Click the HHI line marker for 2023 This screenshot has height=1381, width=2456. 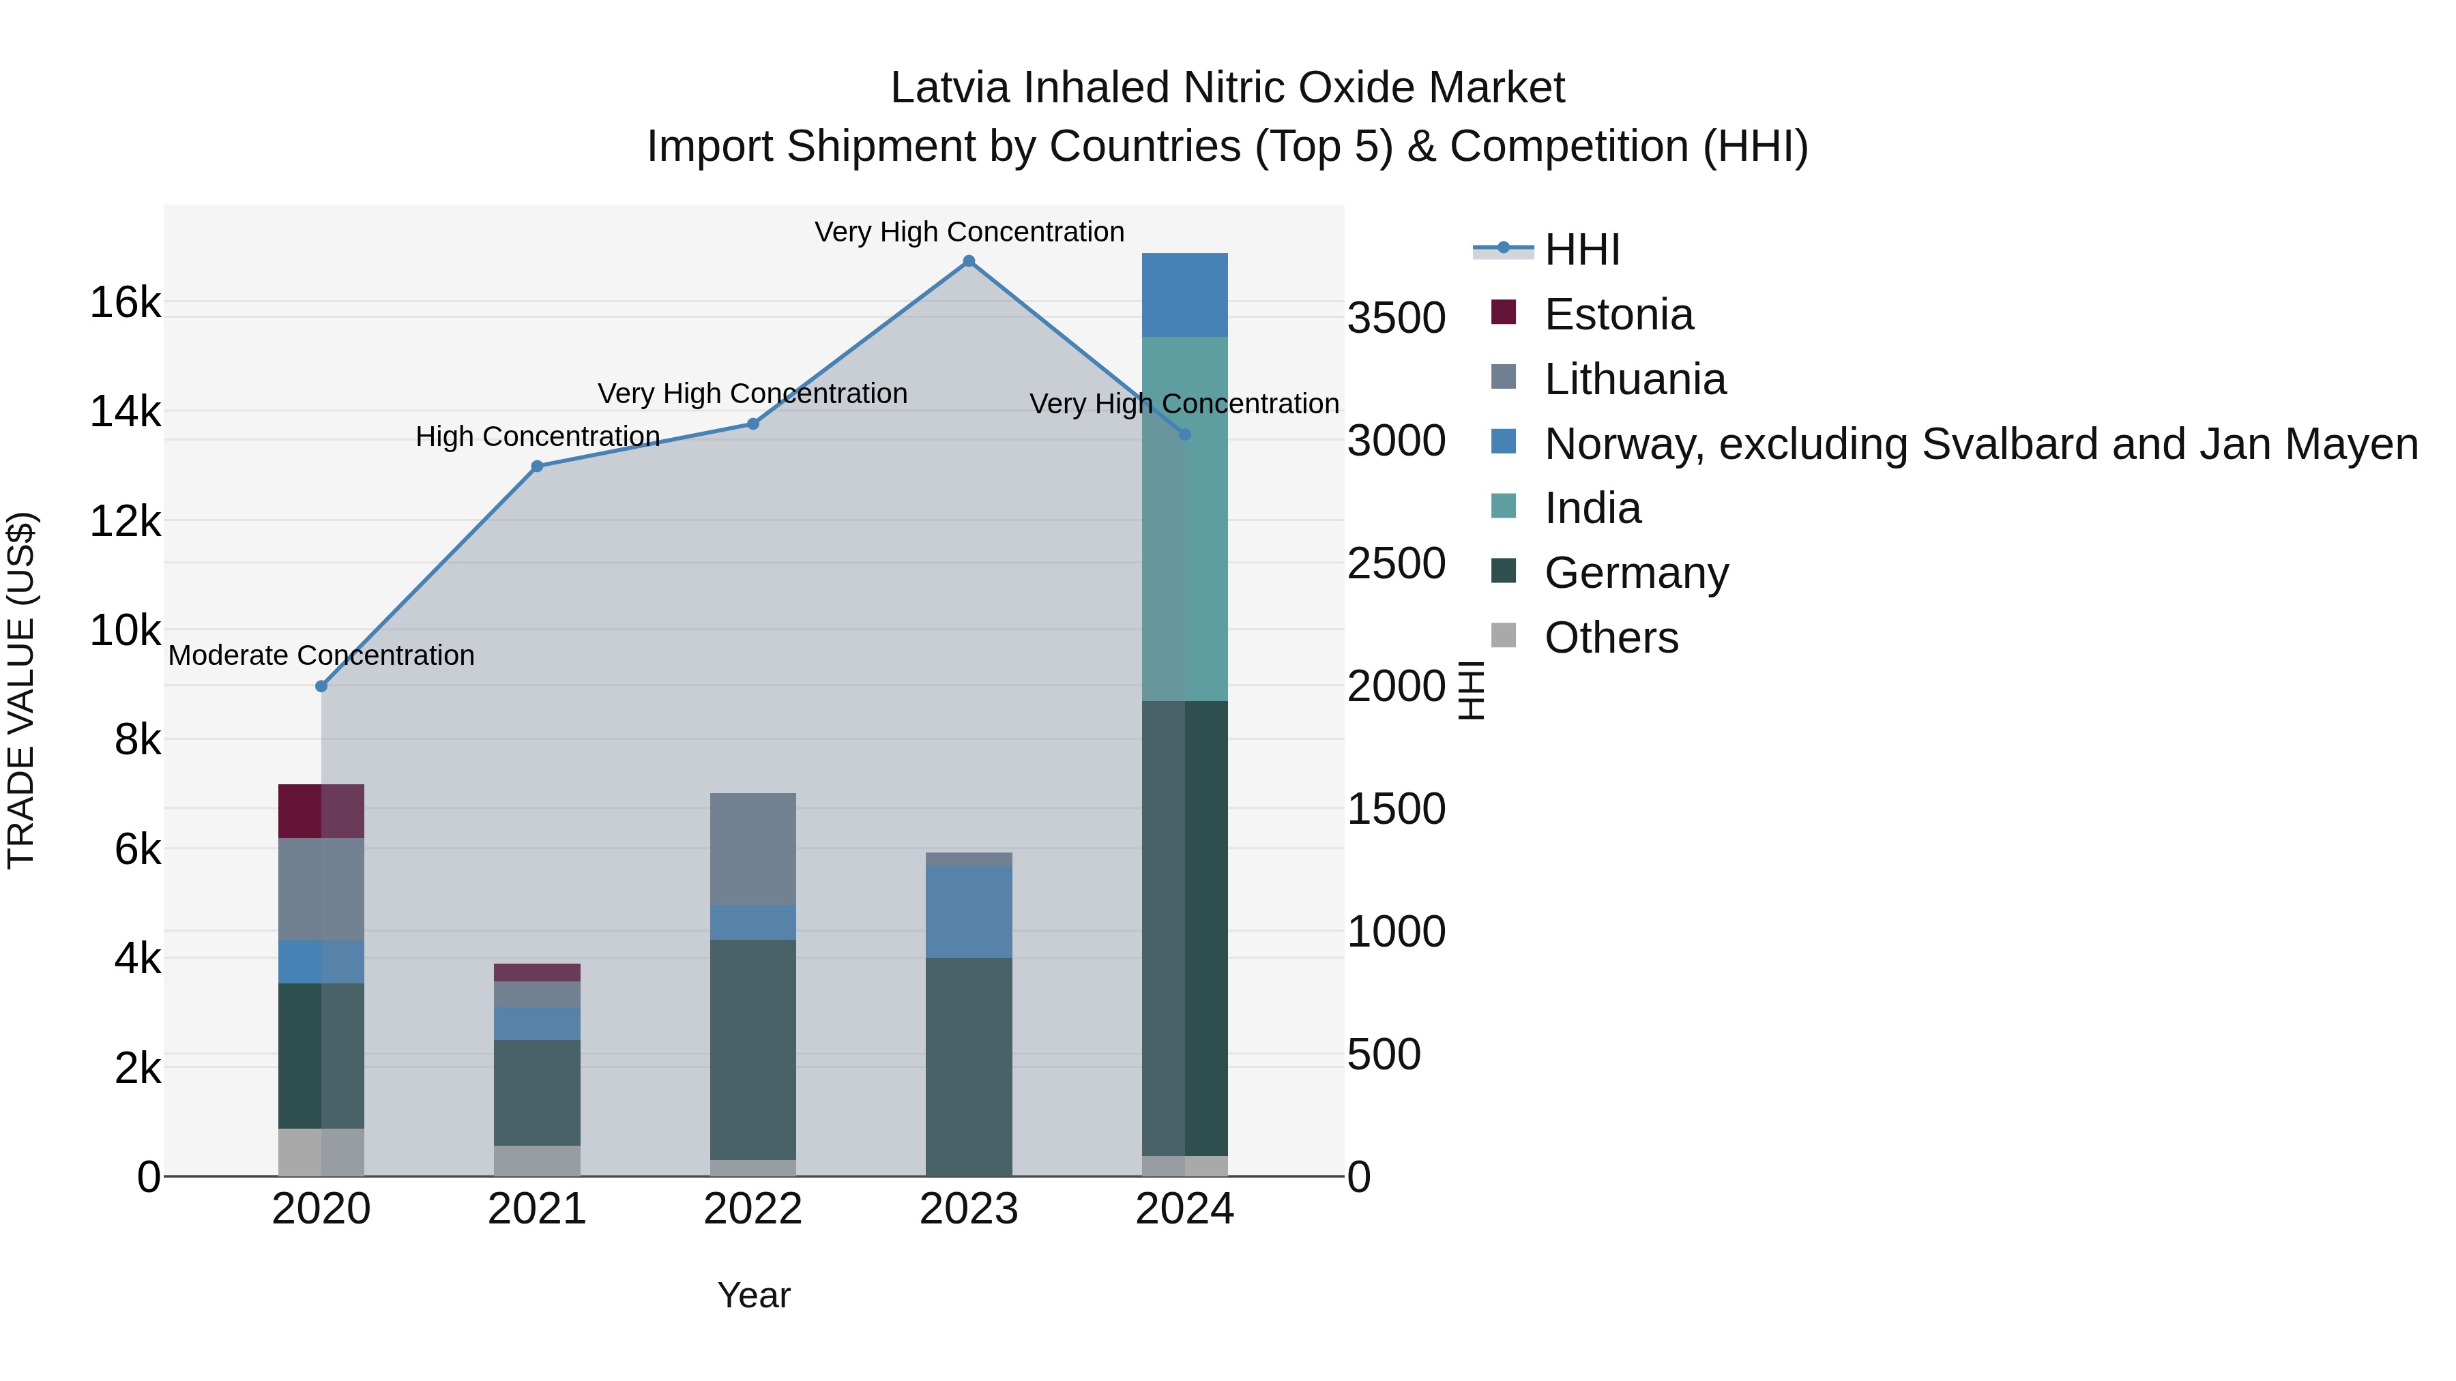pyautogui.click(x=969, y=261)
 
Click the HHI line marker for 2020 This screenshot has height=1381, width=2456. pyautogui.click(x=321, y=686)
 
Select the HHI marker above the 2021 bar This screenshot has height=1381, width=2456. pyautogui.click(x=537, y=466)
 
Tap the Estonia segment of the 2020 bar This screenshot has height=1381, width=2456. pyautogui.click(x=321, y=811)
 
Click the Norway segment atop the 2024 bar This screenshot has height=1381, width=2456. pyautogui.click(x=1184, y=295)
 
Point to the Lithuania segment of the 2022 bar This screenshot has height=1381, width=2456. pyautogui.click(x=753, y=848)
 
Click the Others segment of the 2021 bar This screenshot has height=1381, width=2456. pyautogui.click(x=537, y=1160)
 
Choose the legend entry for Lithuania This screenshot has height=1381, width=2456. pyautogui.click(x=1634, y=379)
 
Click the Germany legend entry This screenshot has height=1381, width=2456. pyautogui.click(x=1635, y=573)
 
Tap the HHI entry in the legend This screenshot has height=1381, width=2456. pyautogui.click(x=1581, y=250)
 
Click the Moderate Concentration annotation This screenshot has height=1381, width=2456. pyautogui.click(x=321, y=655)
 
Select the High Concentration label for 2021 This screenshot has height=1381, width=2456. pyautogui.click(x=538, y=436)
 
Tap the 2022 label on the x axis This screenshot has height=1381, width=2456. pyautogui.click(x=753, y=1209)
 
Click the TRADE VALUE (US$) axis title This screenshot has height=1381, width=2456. pyautogui.click(x=21, y=690)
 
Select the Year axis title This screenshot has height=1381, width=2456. pyautogui.click(x=753, y=1295)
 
